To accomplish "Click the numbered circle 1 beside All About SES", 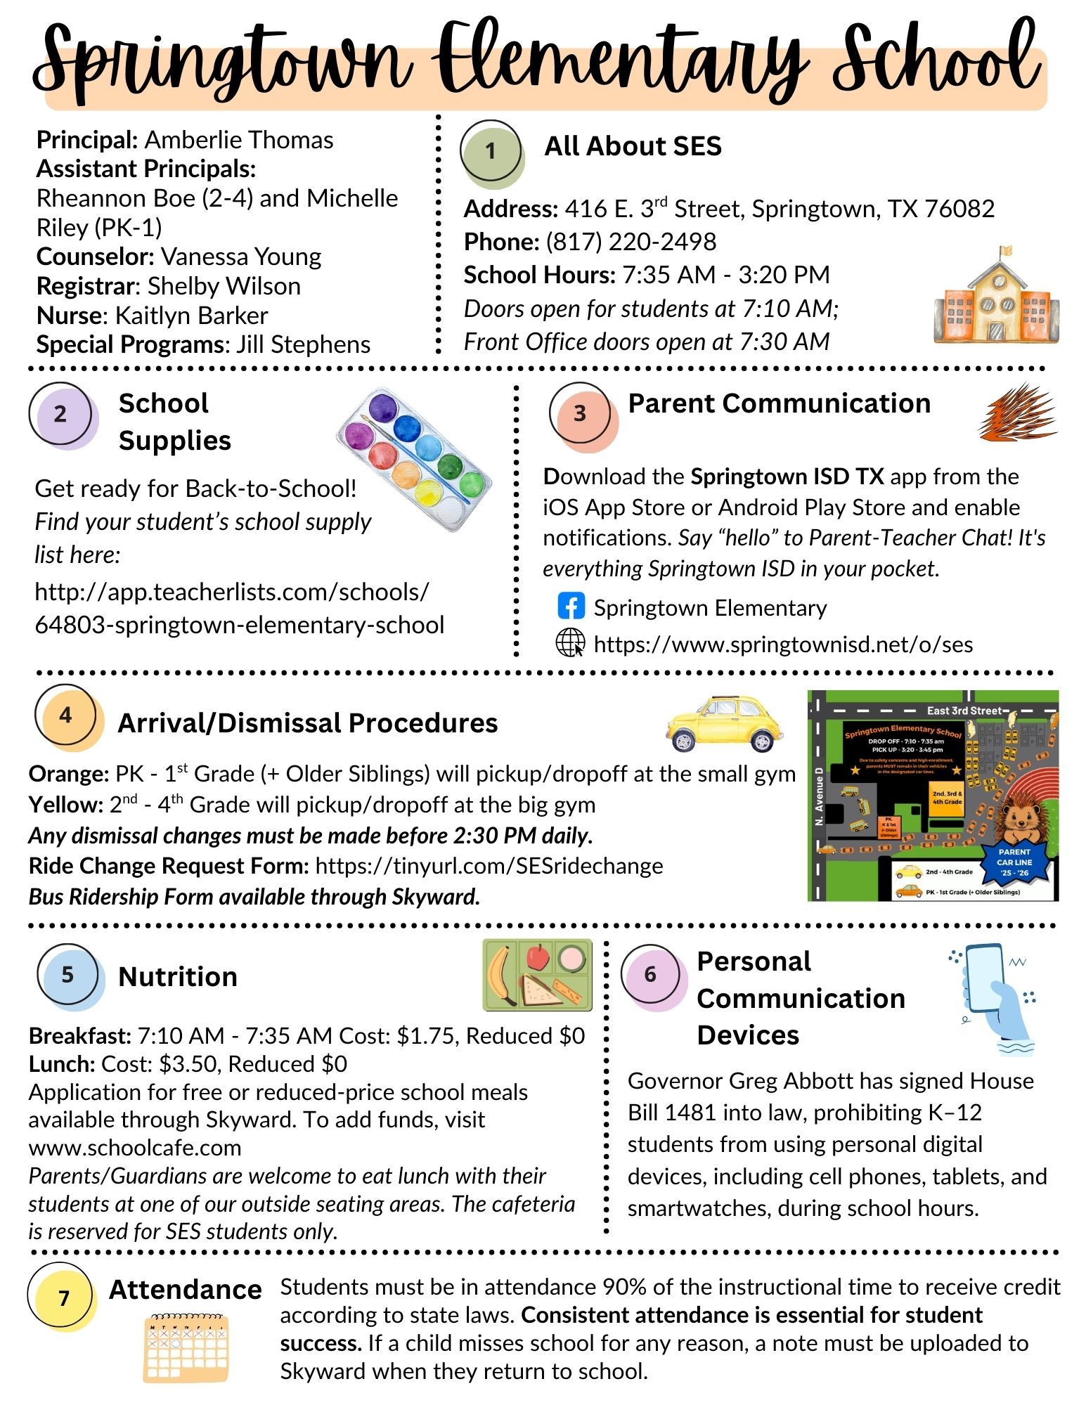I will pos(491,151).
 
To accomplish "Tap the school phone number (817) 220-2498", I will pos(631,242).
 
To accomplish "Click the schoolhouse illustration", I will pos(996,296).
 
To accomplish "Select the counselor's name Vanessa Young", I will pos(240,257).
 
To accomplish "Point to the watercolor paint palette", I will pos(415,458).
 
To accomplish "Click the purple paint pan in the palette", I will pos(383,408).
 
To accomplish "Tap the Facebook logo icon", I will pos(571,606).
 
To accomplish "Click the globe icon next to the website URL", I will pos(570,642).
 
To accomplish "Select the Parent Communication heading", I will pos(779,403).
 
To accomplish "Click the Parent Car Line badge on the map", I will pos(1014,862).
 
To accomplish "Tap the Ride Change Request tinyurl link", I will pos(489,865).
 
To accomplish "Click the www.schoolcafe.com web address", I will pos(135,1147).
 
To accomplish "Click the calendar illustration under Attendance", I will pos(186,1347).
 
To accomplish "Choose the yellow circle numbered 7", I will pos(63,1297).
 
